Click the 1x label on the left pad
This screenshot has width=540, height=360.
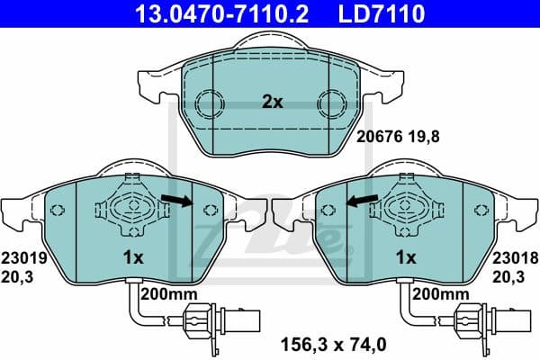[x=133, y=257]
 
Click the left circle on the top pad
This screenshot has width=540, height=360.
[x=210, y=103]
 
